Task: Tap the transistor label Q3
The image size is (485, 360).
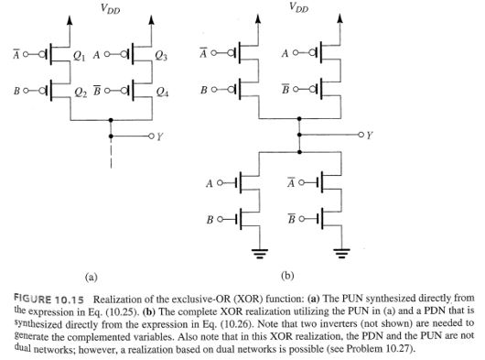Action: [x=161, y=57]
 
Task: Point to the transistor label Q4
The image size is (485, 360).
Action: [x=161, y=93]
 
